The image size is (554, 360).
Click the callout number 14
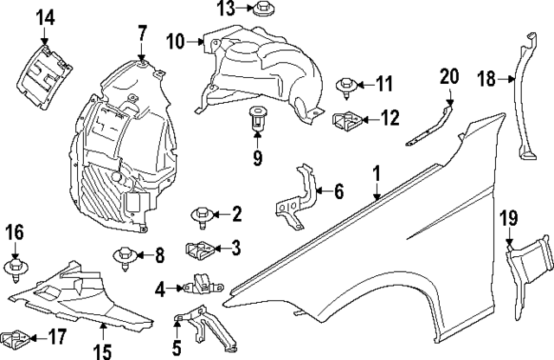tap(45, 16)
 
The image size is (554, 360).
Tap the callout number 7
tap(142, 34)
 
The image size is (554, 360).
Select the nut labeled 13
tap(263, 10)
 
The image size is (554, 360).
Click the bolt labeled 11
tap(345, 85)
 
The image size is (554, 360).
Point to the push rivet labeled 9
tap(258, 118)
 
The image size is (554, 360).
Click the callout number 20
tap(448, 75)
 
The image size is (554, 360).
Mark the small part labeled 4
tap(198, 283)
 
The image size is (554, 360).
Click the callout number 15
tap(102, 351)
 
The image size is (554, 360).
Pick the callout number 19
tap(508, 218)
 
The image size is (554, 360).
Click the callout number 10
tap(176, 40)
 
